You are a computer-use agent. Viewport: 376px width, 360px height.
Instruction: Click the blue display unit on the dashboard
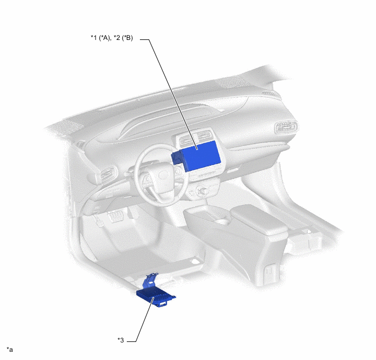point(200,155)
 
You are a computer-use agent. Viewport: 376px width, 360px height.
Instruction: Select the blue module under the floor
point(156,298)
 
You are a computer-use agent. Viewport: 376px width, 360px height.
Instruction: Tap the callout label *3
point(121,340)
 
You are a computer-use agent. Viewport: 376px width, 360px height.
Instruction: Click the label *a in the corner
point(10,350)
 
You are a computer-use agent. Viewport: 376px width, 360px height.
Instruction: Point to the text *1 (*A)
point(101,38)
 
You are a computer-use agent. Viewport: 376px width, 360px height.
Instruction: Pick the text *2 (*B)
point(124,38)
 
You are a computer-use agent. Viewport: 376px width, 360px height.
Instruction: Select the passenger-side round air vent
point(286,127)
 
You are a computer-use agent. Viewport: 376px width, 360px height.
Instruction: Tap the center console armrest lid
point(259,219)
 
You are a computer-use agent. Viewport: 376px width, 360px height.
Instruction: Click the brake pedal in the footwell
point(116,217)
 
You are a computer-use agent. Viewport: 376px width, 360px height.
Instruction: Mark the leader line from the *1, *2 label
point(169,94)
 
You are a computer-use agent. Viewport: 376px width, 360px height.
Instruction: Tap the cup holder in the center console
point(222,220)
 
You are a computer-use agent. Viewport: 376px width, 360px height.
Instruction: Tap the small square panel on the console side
point(270,270)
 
